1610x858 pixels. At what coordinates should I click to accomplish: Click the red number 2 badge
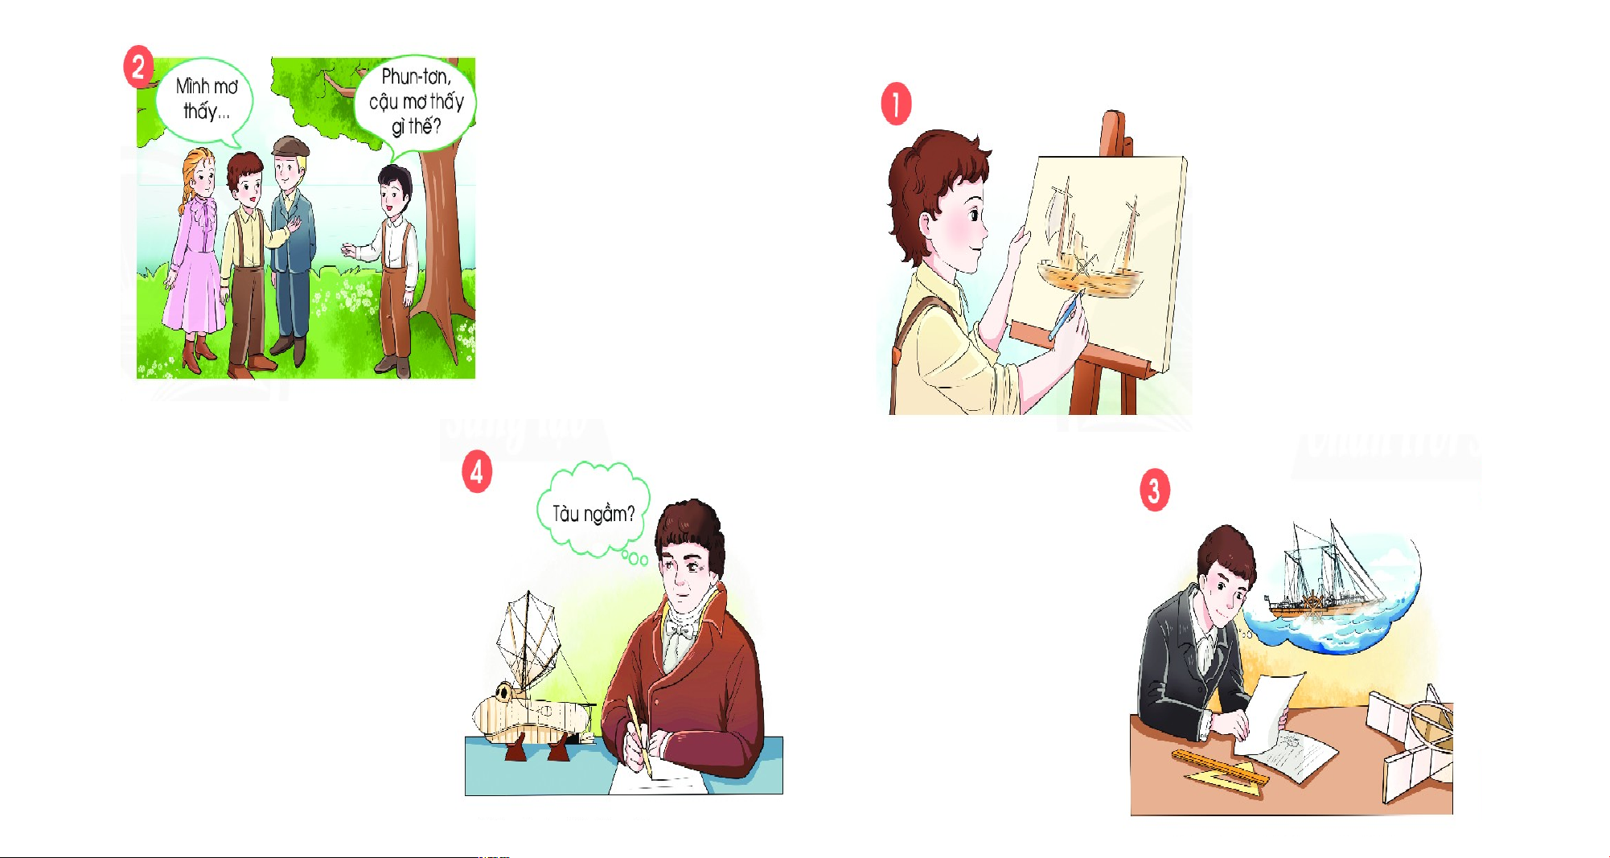[x=138, y=67]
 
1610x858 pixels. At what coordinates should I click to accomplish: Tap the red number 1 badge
[x=896, y=104]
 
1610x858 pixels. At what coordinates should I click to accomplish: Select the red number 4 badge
[x=477, y=471]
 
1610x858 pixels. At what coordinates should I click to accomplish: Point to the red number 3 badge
[x=1155, y=490]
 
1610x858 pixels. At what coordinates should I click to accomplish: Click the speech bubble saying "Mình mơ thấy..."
[x=207, y=101]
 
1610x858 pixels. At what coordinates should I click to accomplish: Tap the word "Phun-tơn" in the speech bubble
[x=416, y=76]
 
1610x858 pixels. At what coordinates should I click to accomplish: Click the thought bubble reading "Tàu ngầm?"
[x=593, y=511]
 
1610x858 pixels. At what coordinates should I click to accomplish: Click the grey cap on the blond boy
[x=290, y=146]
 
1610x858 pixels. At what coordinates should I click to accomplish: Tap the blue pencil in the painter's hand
[x=1064, y=316]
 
